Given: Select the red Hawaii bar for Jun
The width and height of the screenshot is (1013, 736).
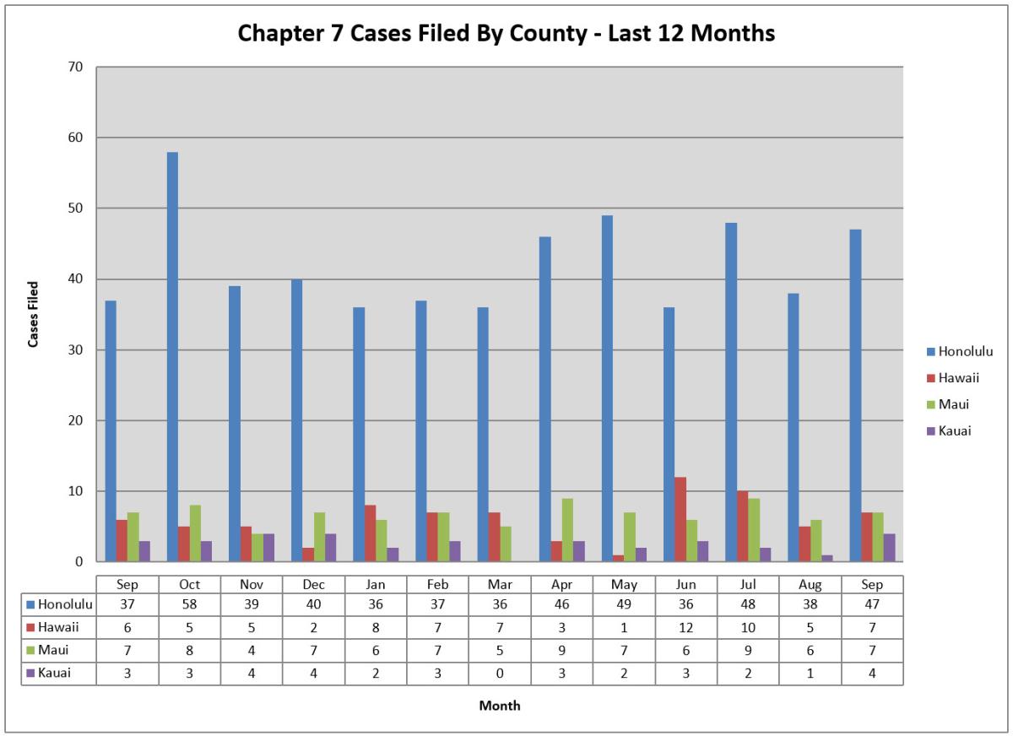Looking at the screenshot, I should pyautogui.click(x=680, y=519).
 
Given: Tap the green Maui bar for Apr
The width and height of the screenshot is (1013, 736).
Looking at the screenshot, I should pyautogui.click(x=567, y=530).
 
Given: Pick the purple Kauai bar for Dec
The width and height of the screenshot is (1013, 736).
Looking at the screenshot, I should pyautogui.click(x=330, y=548).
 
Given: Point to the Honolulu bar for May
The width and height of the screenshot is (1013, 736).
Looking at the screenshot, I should pyautogui.click(x=607, y=388).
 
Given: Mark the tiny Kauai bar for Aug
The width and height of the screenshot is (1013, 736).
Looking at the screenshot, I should pyautogui.click(x=826, y=558).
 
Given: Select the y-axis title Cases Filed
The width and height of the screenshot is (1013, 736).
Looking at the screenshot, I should pyautogui.click(x=34, y=314).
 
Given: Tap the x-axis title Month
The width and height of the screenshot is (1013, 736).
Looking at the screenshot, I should pyautogui.click(x=500, y=706).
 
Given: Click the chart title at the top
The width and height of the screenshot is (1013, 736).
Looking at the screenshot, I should pyautogui.click(x=506, y=33).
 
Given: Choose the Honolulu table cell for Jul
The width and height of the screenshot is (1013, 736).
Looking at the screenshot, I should pyautogui.click(x=748, y=604).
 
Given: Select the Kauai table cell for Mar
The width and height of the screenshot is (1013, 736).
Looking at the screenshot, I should pyautogui.click(x=500, y=673).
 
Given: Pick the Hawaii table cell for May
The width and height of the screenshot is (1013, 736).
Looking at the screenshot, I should pyautogui.click(x=624, y=627).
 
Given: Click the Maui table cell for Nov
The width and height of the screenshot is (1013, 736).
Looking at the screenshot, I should pyautogui.click(x=252, y=650).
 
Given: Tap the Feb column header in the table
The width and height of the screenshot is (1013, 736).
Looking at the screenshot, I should pyautogui.click(x=437, y=584).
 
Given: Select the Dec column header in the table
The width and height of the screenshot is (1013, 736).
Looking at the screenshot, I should pyautogui.click(x=313, y=584).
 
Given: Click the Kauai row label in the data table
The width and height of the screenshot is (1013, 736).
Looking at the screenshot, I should pyautogui.click(x=56, y=673).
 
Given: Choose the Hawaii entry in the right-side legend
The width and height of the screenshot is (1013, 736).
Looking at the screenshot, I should pyautogui.click(x=958, y=378).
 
